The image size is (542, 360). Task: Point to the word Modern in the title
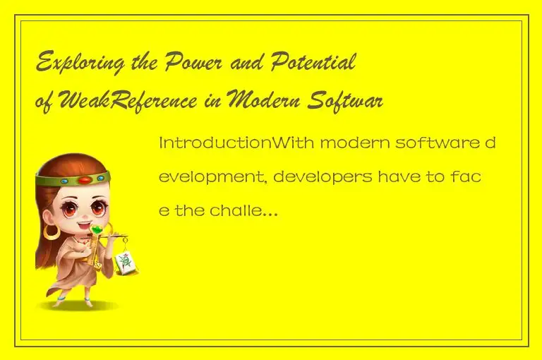click(265, 102)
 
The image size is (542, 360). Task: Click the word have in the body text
click(403, 176)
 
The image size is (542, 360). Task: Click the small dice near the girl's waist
click(97, 265)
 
